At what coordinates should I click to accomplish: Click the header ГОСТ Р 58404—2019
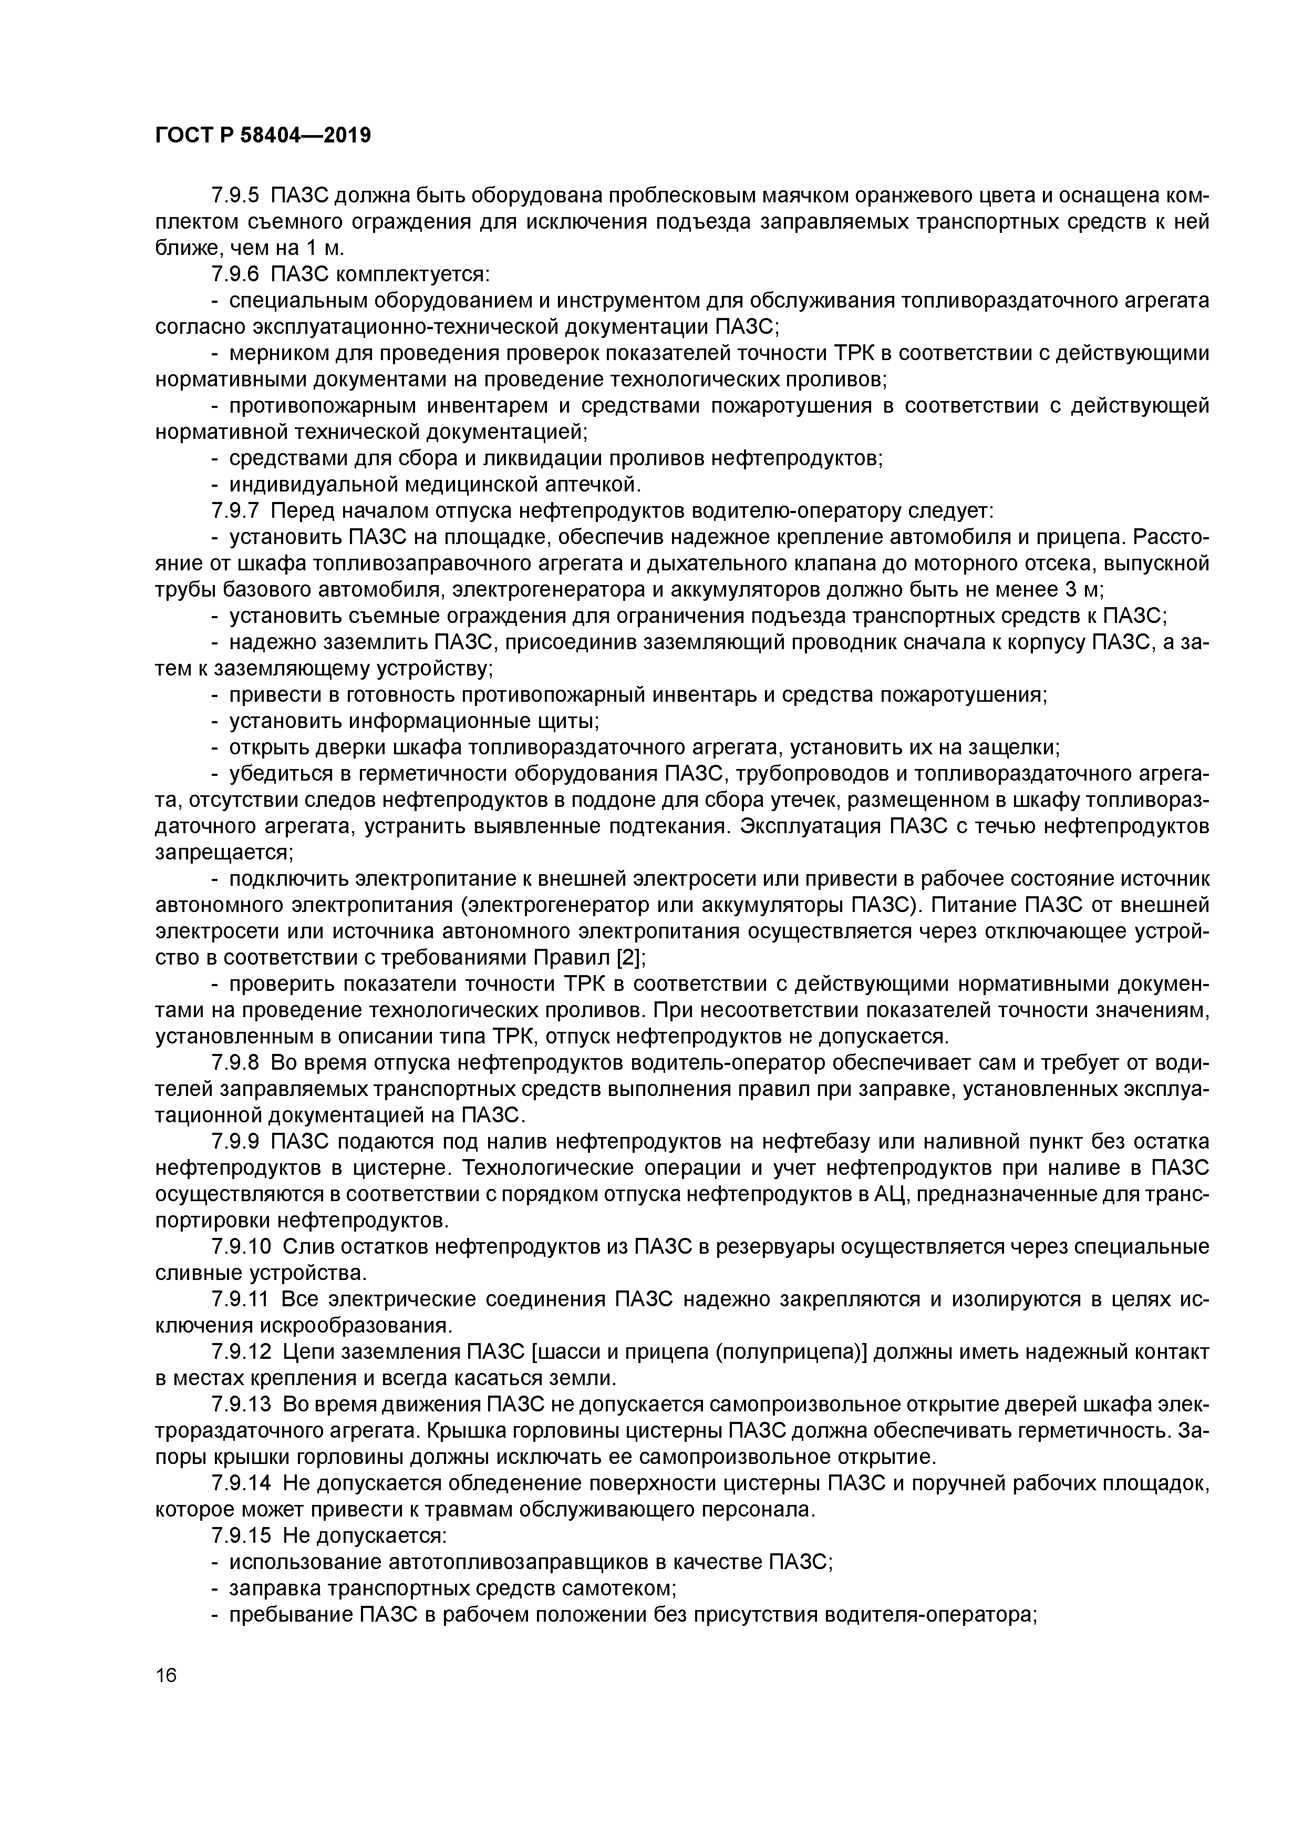pyautogui.click(x=263, y=135)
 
